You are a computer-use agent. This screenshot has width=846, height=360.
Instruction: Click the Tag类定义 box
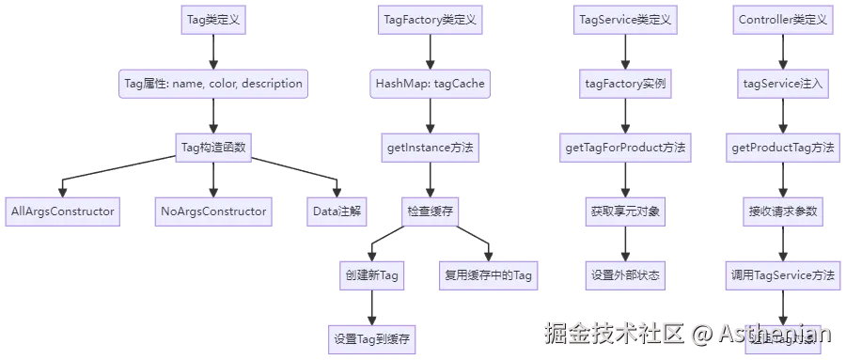[x=213, y=20]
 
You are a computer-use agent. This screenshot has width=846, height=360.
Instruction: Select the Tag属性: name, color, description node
[x=213, y=84]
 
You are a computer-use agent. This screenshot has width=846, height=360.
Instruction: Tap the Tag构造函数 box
[x=213, y=148]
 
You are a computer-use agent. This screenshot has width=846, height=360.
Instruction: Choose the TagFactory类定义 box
[x=430, y=20]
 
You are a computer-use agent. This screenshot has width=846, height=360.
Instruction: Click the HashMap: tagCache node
[x=430, y=84]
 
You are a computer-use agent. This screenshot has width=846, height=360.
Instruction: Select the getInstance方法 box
[x=430, y=148]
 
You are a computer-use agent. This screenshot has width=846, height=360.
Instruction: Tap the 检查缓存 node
[x=430, y=211]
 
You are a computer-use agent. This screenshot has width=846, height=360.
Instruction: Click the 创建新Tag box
[x=370, y=275]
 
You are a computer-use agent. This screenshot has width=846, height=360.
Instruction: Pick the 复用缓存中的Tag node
[x=489, y=275]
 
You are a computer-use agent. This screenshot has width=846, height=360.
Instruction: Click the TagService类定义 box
[x=625, y=20]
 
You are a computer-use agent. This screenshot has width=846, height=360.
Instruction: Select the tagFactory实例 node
[x=625, y=84]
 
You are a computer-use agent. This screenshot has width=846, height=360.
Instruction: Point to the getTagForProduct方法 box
[x=625, y=148]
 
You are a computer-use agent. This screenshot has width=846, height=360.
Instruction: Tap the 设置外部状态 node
[x=625, y=275]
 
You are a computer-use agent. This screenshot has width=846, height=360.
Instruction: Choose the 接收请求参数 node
[x=783, y=211]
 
